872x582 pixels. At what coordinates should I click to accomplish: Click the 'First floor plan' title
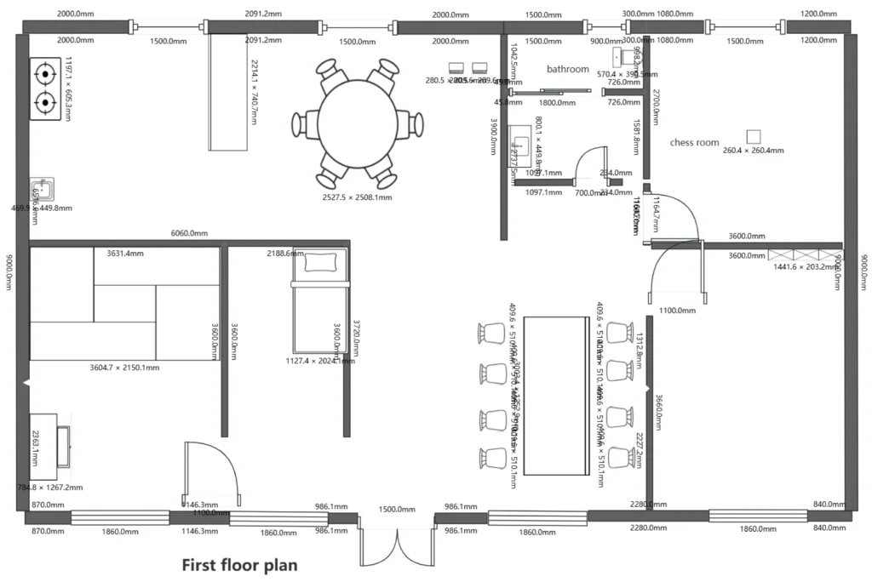(x=240, y=564)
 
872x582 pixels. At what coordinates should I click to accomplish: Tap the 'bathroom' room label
(x=567, y=69)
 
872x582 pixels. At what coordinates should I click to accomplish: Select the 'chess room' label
(x=694, y=143)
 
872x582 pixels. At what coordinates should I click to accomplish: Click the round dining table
(x=358, y=123)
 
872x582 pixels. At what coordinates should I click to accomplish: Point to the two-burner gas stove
(x=45, y=88)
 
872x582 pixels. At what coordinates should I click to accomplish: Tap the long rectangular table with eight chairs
(x=556, y=396)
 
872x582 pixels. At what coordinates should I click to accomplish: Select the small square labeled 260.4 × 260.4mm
(x=753, y=136)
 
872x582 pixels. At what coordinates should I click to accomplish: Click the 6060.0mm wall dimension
(x=189, y=233)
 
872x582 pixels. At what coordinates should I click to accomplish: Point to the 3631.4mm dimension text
(x=125, y=254)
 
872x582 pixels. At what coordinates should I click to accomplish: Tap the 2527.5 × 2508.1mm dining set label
(x=357, y=197)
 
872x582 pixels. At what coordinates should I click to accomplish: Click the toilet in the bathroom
(x=629, y=57)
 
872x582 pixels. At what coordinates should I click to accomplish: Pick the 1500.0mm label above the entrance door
(x=396, y=509)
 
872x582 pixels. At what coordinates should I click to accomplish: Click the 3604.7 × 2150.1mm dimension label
(x=124, y=368)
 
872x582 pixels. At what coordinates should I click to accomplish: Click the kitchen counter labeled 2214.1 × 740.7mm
(x=228, y=92)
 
